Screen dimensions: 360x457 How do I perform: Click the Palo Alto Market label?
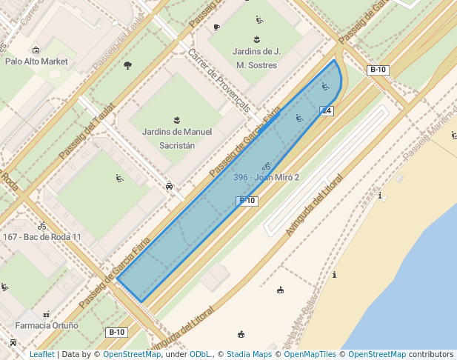[36, 61]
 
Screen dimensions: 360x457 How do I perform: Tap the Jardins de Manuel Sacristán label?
[176, 139]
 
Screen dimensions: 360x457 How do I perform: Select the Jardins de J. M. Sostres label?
[256, 59]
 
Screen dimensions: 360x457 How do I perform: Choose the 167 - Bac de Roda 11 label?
[42, 237]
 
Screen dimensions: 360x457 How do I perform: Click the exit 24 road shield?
[326, 110]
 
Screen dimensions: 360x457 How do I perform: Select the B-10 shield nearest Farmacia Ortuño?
[117, 332]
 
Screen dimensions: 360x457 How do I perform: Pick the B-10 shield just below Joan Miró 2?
[247, 201]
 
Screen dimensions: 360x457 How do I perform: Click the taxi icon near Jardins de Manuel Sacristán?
[170, 187]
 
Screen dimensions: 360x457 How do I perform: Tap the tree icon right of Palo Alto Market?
[127, 65]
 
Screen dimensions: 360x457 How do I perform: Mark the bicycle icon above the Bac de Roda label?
[42, 225]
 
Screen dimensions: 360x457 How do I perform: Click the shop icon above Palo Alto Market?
[36, 50]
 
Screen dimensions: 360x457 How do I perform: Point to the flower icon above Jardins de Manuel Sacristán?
[176, 120]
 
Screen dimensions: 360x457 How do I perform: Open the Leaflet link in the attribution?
[41, 355]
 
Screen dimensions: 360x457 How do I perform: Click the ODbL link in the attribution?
[199, 355]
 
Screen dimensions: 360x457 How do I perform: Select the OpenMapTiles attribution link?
[310, 355]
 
